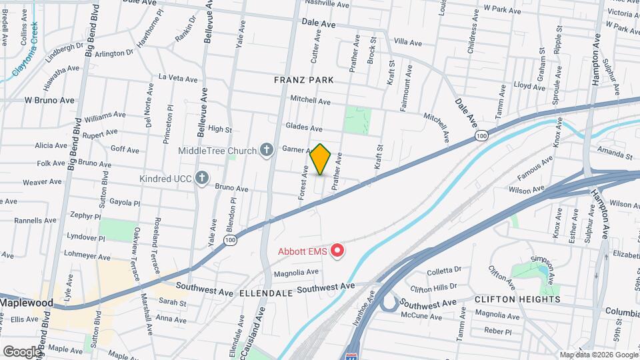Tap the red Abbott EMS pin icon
(x=338, y=251)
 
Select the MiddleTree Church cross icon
(x=267, y=150)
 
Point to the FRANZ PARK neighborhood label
(x=303, y=80)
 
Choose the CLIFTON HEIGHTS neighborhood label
(x=517, y=299)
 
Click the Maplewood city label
(x=27, y=303)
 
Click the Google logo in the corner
(x=21, y=351)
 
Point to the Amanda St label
(x=615, y=155)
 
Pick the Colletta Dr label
(x=444, y=270)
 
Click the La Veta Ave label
(x=178, y=78)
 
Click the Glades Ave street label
(x=304, y=127)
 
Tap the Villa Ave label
(x=408, y=43)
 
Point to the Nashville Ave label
(x=327, y=4)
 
